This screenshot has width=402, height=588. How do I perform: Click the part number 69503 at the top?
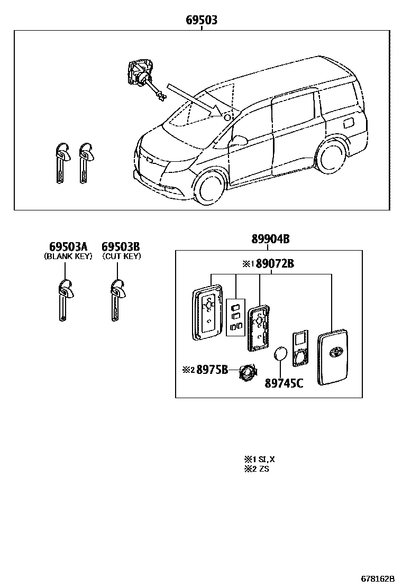[202, 21]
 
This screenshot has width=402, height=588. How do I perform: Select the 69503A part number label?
[68, 247]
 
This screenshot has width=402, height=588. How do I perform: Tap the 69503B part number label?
[121, 247]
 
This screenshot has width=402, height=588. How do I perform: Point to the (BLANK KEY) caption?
[68, 256]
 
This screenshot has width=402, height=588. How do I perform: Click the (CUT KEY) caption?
[121, 256]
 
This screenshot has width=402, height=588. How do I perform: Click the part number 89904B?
[270, 240]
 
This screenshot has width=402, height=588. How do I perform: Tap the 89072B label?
[275, 263]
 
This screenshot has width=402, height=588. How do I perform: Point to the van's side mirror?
[240, 141]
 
